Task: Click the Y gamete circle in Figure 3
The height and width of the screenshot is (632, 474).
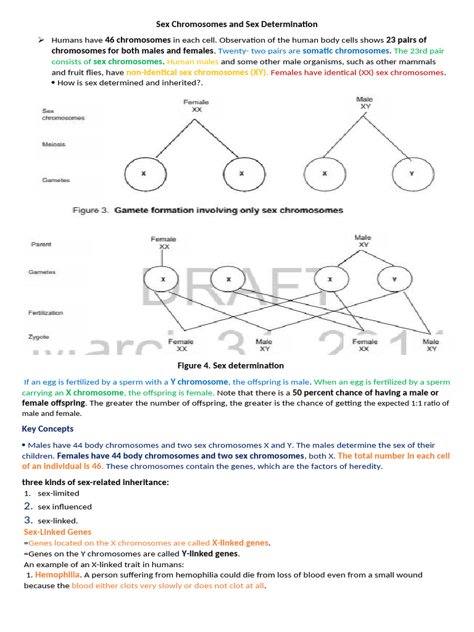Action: pos(411,174)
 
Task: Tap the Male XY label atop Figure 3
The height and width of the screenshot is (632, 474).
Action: pos(365,102)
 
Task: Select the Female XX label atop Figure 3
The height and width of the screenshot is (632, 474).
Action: pos(196,106)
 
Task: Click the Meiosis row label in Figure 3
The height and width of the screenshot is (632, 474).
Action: pos(54,144)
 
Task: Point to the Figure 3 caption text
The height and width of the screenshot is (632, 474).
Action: pos(208,210)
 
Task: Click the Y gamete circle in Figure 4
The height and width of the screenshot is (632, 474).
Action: pos(394,280)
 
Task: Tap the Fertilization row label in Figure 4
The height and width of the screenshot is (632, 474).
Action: pos(46,313)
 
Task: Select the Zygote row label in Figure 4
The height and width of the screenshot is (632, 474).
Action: pos(39,337)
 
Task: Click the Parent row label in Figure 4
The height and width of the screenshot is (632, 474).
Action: pos(41,244)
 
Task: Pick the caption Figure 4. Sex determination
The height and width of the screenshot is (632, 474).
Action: pos(231,365)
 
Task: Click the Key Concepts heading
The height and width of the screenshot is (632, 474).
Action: pos(48,428)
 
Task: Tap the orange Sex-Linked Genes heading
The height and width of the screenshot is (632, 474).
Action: pos(57,531)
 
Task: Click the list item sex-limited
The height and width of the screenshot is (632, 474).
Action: pos(59,493)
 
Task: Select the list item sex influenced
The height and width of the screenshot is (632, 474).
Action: pos(65,506)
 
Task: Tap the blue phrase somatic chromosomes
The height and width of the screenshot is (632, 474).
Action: pos(346,51)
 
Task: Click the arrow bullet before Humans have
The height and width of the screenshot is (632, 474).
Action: pos(41,39)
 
